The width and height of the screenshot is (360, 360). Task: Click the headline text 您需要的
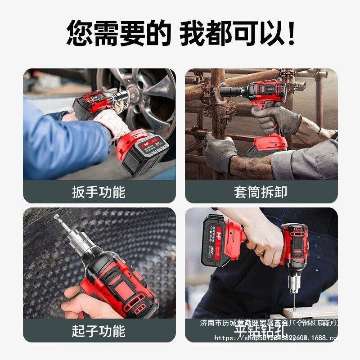tap(119, 33)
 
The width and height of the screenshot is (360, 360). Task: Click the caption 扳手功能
tap(99, 192)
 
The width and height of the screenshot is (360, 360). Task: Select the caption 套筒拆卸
tap(261, 192)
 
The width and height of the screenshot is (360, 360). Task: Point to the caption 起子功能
tap(99, 331)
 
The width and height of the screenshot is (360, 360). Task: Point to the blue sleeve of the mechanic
tap(58, 139)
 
